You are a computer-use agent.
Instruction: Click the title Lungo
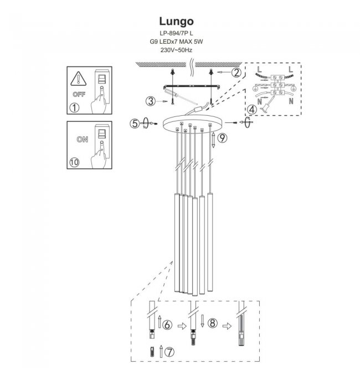pos(176,22)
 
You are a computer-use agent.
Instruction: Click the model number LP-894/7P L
pos(176,34)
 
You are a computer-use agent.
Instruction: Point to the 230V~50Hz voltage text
pos(176,50)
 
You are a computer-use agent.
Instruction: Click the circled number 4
pos(252,110)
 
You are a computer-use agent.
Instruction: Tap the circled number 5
pos(135,124)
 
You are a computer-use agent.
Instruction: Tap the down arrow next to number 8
pos(204,321)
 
